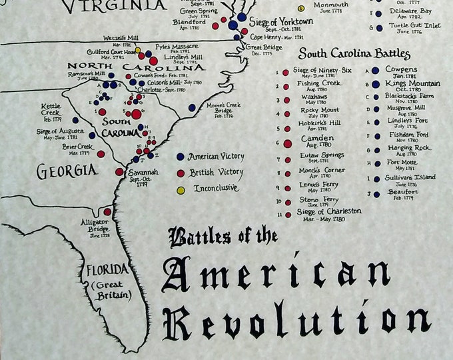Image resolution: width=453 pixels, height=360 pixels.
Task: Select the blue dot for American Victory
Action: [x=181, y=157]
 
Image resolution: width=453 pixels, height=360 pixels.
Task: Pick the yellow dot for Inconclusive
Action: [x=181, y=189]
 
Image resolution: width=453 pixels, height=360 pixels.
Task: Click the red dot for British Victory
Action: [x=181, y=173]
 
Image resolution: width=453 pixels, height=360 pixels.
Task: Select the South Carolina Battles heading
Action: [x=354, y=54]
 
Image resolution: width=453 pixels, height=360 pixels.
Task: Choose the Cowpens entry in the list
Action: [x=401, y=69]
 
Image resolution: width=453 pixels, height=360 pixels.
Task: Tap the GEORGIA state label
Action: [x=67, y=171]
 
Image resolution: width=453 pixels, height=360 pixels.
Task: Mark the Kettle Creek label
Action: [x=51, y=109]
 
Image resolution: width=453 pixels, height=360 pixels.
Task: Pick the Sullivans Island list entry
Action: [x=409, y=177]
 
